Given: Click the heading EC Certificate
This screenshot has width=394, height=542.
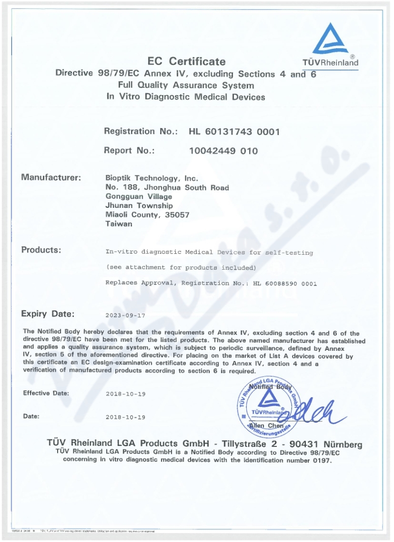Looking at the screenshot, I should point(187,62).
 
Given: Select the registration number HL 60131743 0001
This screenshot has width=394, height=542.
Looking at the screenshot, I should point(234,132).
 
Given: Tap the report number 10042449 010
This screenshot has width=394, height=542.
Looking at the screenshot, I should point(224,151).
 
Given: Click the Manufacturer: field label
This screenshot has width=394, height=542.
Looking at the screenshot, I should point(51,177).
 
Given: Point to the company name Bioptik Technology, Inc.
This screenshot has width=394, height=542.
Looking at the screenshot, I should point(152,178).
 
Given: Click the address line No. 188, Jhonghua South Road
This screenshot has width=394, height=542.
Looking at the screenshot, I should point(167,187).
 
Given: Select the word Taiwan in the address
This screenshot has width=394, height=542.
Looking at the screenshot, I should point(119,223).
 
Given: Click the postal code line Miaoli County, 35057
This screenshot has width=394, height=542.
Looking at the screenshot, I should point(147,214).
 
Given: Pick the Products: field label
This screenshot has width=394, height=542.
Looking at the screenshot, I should point(41,250).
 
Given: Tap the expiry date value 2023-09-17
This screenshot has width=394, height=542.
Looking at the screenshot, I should point(126,314).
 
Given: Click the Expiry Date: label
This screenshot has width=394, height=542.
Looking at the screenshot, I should point(48,313).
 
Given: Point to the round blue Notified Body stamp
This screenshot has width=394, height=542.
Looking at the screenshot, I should point(268,405).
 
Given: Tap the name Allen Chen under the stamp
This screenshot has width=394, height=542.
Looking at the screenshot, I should point(266,425).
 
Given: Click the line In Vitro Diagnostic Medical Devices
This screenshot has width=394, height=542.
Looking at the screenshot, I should point(186,97).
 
